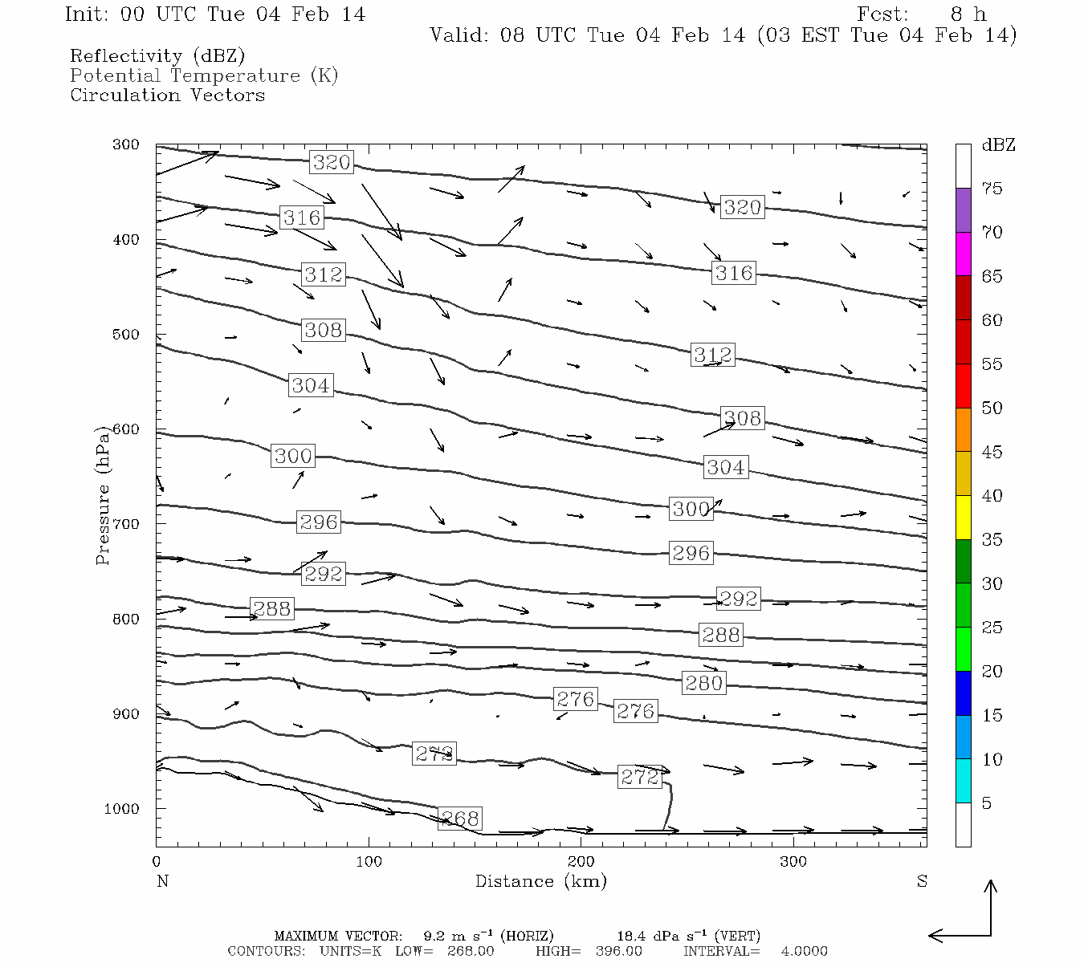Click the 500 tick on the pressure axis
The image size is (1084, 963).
point(126,335)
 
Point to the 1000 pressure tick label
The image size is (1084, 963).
point(121,809)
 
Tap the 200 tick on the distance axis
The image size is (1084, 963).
point(581,862)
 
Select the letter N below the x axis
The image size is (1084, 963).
point(163,881)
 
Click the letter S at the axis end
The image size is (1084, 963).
point(922,881)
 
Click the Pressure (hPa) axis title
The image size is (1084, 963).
point(103,495)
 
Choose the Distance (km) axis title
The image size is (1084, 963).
point(540,881)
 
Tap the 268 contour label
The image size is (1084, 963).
point(460,819)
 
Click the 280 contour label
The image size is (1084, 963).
point(704,683)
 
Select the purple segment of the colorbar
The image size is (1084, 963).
point(963,210)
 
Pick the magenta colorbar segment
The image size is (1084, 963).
point(963,254)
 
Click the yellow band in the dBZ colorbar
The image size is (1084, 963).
point(963,518)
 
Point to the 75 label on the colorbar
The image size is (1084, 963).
point(992,189)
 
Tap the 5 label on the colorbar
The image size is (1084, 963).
point(987,803)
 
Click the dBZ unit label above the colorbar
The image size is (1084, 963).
point(998,145)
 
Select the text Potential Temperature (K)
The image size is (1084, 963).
point(204,76)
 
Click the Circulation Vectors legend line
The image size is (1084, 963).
point(167,95)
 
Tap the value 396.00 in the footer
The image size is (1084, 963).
point(619,951)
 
